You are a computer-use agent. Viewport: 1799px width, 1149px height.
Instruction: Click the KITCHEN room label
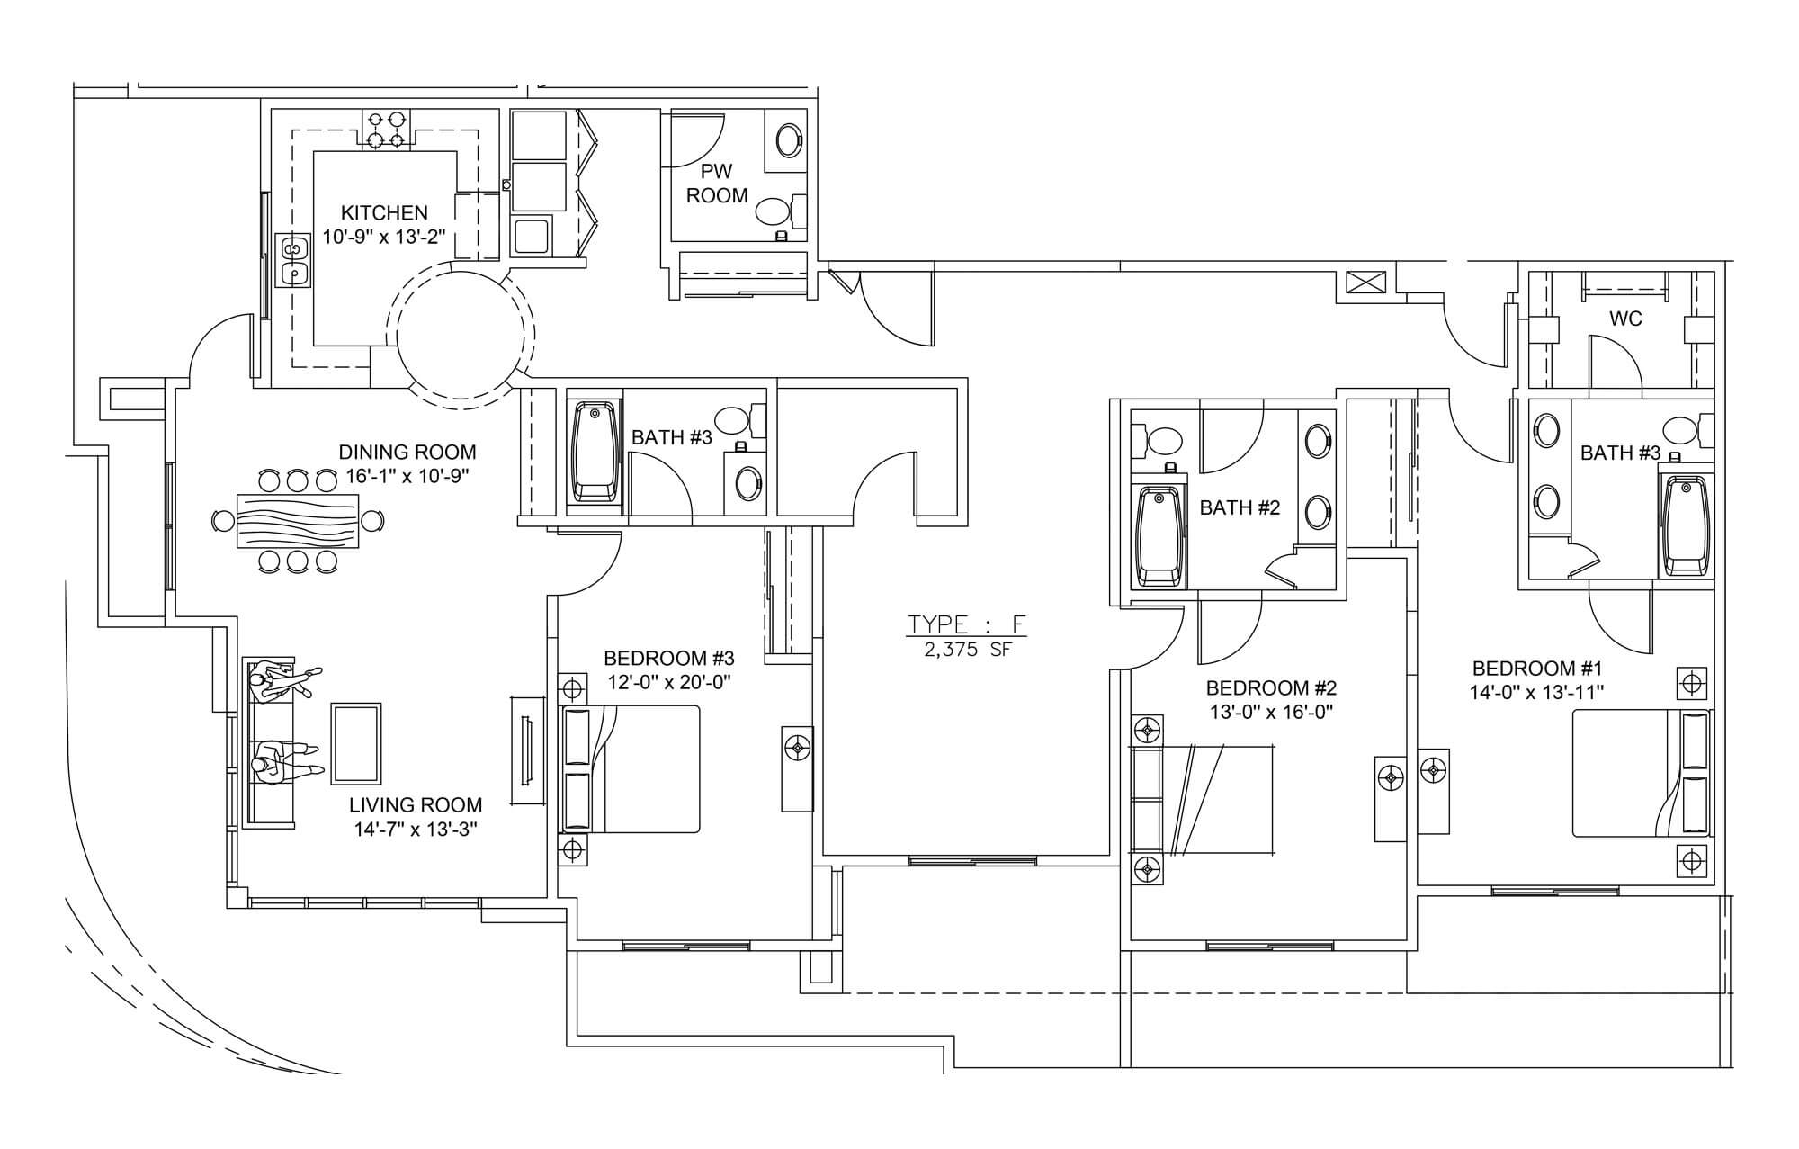[384, 213]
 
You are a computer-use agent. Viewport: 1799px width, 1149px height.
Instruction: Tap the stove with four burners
[386, 128]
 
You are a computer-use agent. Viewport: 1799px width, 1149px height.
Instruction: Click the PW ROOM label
[717, 183]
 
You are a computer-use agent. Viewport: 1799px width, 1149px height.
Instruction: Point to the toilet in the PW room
[780, 211]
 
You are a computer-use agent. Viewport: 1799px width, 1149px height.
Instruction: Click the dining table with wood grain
[297, 520]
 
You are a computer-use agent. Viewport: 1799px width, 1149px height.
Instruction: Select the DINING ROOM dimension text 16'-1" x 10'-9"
[406, 476]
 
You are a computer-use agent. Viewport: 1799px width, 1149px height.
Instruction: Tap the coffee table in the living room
[356, 743]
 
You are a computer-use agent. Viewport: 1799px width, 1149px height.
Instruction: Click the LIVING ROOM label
[416, 805]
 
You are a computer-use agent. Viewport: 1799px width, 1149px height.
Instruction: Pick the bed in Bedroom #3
[630, 769]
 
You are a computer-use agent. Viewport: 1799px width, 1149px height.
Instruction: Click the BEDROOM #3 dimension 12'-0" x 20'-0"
[667, 682]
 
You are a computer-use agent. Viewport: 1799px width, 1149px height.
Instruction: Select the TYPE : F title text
[967, 624]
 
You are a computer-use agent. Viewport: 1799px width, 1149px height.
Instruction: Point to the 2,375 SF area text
[968, 650]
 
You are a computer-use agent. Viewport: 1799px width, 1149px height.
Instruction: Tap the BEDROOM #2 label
[1271, 688]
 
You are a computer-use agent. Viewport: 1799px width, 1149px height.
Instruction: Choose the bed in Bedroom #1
[1641, 773]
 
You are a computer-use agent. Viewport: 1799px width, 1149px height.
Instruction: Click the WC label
[1626, 319]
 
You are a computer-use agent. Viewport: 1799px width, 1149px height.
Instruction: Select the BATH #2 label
[1240, 507]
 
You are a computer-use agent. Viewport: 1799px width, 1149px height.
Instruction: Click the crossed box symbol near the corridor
[1367, 282]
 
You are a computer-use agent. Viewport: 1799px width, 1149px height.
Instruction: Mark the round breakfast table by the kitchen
[460, 335]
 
